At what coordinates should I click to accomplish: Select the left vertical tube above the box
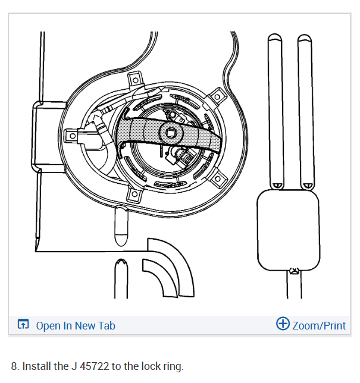(x=275, y=110)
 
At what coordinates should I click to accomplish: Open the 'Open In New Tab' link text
(x=76, y=325)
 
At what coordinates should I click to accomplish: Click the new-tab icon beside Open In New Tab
(x=23, y=325)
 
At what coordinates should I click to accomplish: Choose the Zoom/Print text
(x=319, y=325)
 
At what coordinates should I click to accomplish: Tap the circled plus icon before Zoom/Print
(x=283, y=324)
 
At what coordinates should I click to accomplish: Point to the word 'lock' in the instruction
(x=145, y=366)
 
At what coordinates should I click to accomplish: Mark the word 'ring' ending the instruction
(x=173, y=366)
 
